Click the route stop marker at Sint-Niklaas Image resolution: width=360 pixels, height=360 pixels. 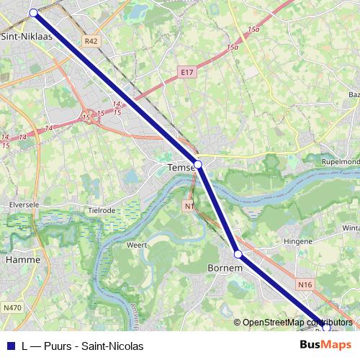pyautogui.click(x=33, y=13)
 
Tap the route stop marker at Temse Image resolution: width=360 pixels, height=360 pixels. pyautogui.click(x=198, y=164)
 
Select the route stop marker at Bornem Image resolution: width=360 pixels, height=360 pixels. pyautogui.click(x=238, y=253)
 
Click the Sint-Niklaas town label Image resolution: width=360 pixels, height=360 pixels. pyautogui.click(x=27, y=35)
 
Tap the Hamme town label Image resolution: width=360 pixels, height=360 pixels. pyautogui.click(x=22, y=258)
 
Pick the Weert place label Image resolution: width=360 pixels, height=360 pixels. pyautogui.click(x=137, y=245)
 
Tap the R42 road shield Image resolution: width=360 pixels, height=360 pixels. pyautogui.click(x=91, y=42)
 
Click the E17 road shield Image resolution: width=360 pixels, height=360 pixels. pyautogui.click(x=187, y=72)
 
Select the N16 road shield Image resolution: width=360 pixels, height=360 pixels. pyautogui.click(x=305, y=285)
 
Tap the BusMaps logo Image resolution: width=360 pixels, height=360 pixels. pyautogui.click(x=325, y=345)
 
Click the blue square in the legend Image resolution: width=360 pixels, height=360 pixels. pyautogui.click(x=11, y=346)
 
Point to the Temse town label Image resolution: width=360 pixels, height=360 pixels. pyautogui.click(x=180, y=168)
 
